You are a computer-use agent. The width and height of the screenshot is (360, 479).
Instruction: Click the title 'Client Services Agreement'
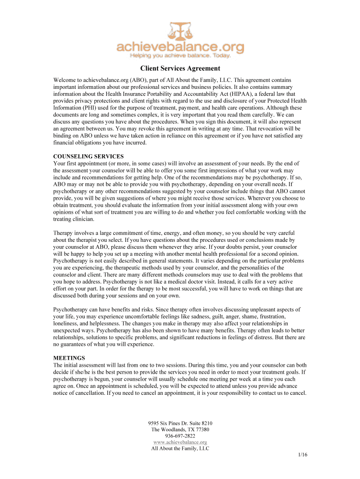[x=180, y=69]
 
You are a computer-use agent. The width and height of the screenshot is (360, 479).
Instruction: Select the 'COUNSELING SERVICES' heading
[x=88, y=156]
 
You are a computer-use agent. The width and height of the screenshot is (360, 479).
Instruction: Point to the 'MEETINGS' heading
[x=69, y=358]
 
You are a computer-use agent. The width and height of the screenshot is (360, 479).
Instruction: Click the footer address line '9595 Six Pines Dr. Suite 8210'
[x=180, y=423]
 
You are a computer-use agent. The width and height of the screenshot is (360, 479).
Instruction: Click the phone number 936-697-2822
[x=180, y=435]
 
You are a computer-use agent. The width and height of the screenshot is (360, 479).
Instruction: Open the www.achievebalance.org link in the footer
[x=180, y=442]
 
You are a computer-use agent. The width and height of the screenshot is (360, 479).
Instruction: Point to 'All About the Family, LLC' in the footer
[x=180, y=448]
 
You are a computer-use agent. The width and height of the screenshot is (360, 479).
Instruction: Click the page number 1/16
[x=302, y=455]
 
